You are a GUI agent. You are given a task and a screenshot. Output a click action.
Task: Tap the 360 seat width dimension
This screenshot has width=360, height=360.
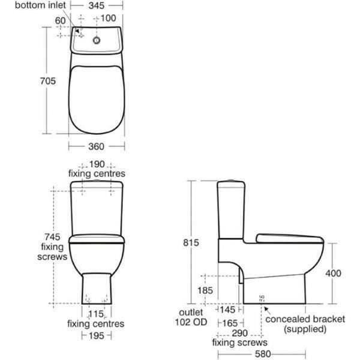[97, 146]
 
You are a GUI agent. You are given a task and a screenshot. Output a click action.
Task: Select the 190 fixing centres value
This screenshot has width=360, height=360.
[97, 164]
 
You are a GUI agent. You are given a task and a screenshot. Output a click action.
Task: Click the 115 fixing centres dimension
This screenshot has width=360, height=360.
[96, 314]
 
